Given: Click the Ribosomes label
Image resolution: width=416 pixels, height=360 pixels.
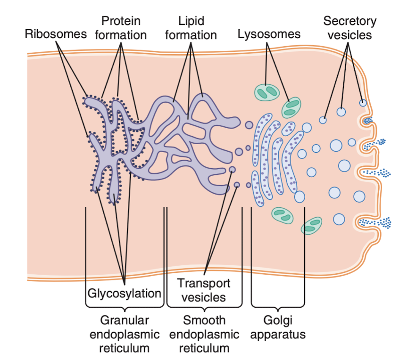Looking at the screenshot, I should click(56, 34).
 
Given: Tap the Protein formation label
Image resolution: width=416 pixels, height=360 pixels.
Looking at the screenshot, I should click(121, 28).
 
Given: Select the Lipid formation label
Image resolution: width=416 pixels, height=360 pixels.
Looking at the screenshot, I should click(191, 28).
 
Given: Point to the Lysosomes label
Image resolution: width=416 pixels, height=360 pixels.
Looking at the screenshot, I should click(269, 34).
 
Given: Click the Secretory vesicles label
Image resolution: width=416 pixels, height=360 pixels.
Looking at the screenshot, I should click(349, 28).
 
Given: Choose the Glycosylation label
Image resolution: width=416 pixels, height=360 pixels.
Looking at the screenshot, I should click(125, 294).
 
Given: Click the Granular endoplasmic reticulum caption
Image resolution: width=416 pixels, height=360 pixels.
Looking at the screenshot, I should click(125, 334).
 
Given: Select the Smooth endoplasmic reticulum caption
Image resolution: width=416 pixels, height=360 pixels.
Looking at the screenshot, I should click(204, 334).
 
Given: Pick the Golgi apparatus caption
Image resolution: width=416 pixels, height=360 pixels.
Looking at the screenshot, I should click(278, 327).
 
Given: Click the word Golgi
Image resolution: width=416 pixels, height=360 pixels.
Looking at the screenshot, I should click(278, 320).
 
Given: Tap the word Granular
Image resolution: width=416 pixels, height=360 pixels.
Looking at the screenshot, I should click(125, 320).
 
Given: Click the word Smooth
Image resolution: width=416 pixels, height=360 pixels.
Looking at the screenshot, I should click(204, 320).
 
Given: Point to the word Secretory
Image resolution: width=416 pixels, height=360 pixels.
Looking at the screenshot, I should click(349, 21).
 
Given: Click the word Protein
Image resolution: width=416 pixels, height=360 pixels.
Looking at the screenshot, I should click(121, 21).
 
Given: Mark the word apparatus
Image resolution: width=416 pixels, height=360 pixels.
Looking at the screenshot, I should click(278, 335).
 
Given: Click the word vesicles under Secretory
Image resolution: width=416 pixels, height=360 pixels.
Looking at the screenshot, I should click(349, 35).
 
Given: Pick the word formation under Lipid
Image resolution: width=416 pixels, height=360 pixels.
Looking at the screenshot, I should click(191, 35).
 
